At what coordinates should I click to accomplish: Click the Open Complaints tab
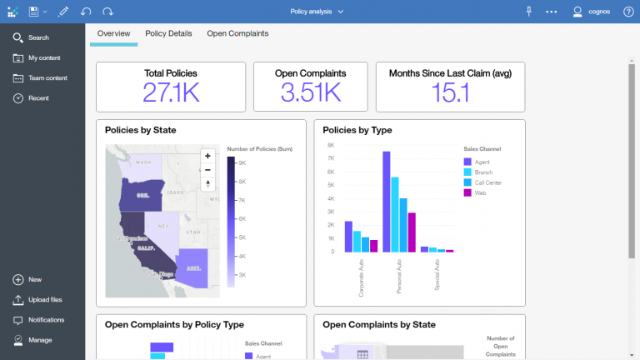(237, 33)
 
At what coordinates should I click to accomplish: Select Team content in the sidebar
(47, 78)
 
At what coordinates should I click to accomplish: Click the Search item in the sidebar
(38, 37)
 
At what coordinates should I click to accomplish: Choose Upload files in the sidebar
(44, 300)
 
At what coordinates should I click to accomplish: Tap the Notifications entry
(46, 320)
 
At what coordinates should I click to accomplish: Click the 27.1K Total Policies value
(171, 92)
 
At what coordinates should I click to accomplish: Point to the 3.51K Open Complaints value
(310, 92)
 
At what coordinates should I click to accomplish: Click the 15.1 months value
(450, 92)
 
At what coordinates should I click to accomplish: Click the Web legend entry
(479, 192)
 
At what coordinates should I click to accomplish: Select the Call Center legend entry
(487, 182)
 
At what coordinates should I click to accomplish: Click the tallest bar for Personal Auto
(387, 201)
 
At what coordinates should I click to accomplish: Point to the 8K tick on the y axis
(331, 145)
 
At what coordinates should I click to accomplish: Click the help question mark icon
(628, 12)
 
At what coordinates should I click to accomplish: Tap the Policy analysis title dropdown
(317, 12)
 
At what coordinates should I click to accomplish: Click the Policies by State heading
(140, 130)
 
